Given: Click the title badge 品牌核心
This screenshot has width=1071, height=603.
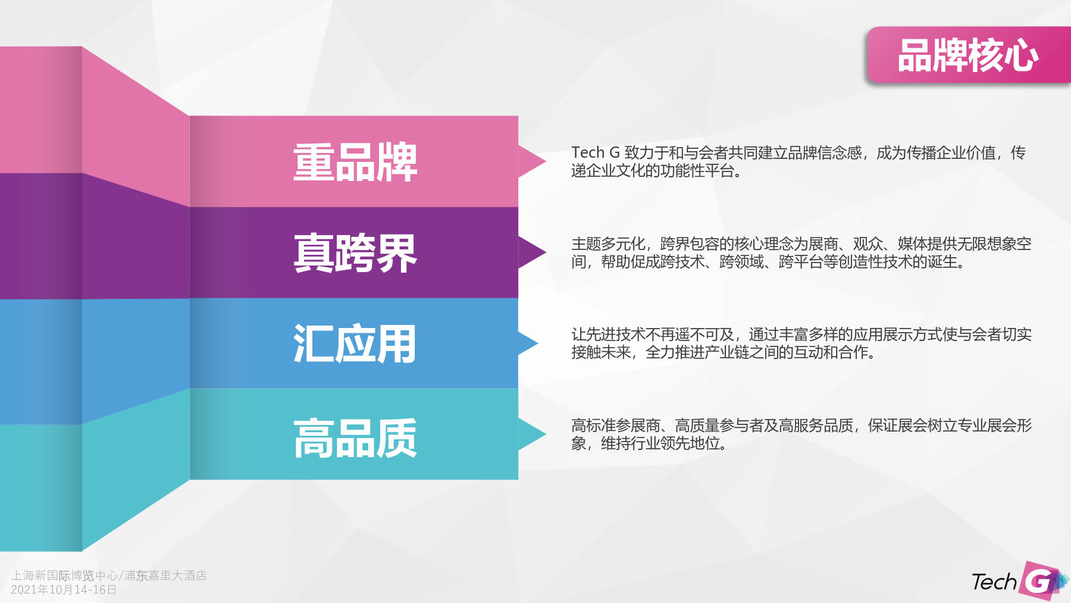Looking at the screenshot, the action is click(968, 55).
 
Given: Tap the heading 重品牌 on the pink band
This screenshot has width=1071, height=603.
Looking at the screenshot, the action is click(355, 162).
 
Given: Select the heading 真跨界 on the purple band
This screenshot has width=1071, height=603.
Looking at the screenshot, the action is click(355, 253).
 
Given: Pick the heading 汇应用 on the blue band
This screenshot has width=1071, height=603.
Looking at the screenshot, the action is click(355, 343).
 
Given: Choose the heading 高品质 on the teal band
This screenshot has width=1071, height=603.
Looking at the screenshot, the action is click(355, 438).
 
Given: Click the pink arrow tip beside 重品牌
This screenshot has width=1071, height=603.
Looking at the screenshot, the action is click(545, 161).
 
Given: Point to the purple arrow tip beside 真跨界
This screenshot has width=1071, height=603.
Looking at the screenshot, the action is click(545, 252).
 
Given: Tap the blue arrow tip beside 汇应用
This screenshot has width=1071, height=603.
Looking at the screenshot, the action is click(537, 343).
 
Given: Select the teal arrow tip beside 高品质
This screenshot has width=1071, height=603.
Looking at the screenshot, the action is click(545, 434).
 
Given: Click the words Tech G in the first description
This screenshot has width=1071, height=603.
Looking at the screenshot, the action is click(596, 153).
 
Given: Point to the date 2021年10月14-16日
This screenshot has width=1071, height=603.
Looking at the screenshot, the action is click(64, 590).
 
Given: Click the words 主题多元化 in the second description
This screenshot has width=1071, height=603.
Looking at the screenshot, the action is click(608, 244).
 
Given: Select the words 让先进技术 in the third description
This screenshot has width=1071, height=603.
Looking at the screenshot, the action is click(608, 335).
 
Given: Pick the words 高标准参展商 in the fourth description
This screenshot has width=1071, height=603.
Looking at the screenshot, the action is click(616, 426).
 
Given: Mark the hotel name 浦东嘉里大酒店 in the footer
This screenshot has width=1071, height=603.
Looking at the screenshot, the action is click(165, 576).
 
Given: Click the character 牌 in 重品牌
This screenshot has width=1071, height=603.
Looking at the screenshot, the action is click(397, 162).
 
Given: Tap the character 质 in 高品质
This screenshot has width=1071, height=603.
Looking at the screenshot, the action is click(397, 438).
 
